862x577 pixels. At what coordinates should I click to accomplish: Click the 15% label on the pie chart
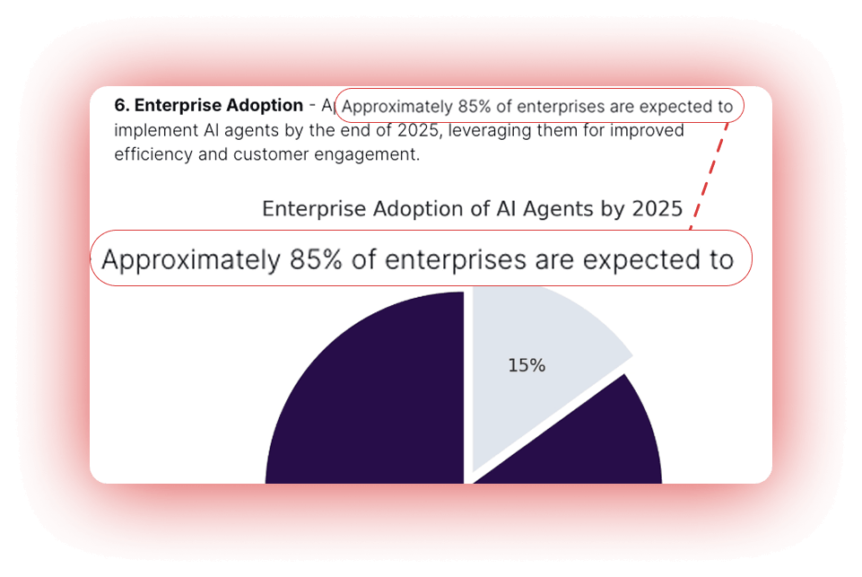[x=527, y=365]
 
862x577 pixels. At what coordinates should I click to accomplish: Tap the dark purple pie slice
[x=359, y=404]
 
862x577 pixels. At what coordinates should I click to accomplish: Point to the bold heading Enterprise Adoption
[x=219, y=106]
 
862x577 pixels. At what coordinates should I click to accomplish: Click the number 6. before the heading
[x=122, y=106]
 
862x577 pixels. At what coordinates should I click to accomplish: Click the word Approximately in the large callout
[x=189, y=260]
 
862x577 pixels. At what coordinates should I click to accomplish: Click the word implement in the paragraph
[x=151, y=131]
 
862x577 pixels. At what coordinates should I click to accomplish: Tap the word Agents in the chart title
[x=562, y=209]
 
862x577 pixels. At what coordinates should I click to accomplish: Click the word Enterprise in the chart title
[x=305, y=209]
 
